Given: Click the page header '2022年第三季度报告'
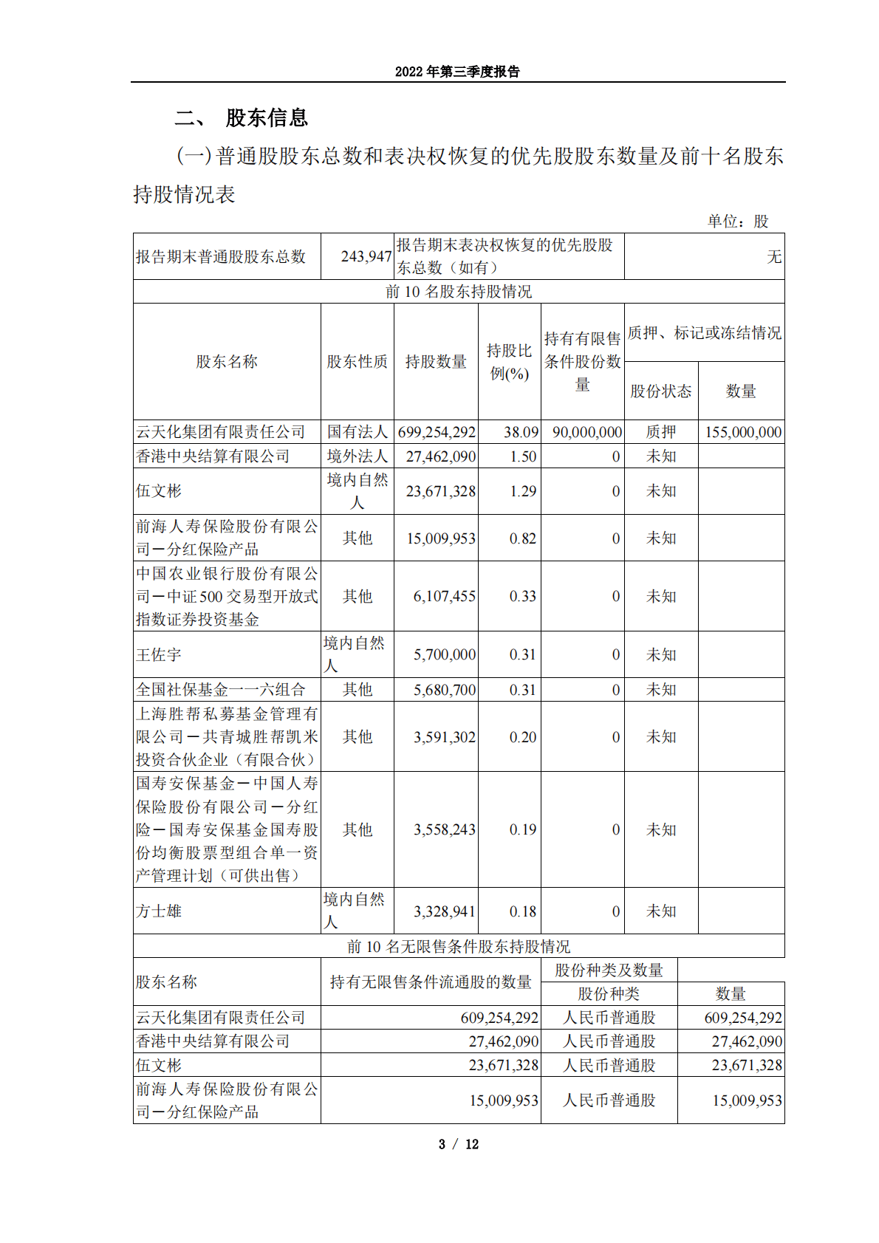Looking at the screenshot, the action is click(x=457, y=72).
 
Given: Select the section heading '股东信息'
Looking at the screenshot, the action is click(x=266, y=118).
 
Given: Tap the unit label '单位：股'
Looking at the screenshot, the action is click(x=737, y=221).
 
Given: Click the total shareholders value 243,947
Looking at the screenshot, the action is click(x=366, y=256).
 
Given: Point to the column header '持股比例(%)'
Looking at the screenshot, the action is click(x=509, y=362).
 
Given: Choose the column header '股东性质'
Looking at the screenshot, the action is click(x=357, y=362).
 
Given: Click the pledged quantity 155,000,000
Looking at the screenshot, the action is click(x=742, y=432).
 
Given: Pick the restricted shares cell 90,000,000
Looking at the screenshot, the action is click(x=586, y=432).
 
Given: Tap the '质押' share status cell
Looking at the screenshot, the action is click(x=660, y=432).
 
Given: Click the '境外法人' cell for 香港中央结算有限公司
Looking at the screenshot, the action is click(x=357, y=456).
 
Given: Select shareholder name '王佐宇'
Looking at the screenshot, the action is click(x=159, y=655).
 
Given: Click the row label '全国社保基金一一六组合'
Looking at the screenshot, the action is click(x=220, y=690).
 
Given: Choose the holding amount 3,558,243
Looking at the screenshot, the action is click(x=444, y=829).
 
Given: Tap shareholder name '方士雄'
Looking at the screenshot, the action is click(x=159, y=911).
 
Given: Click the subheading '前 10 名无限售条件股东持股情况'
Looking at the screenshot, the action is click(x=458, y=946).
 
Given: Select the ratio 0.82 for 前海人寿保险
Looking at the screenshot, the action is click(x=522, y=538).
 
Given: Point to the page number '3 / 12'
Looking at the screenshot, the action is click(x=458, y=1144).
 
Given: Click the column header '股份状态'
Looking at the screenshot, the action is click(x=660, y=391).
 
